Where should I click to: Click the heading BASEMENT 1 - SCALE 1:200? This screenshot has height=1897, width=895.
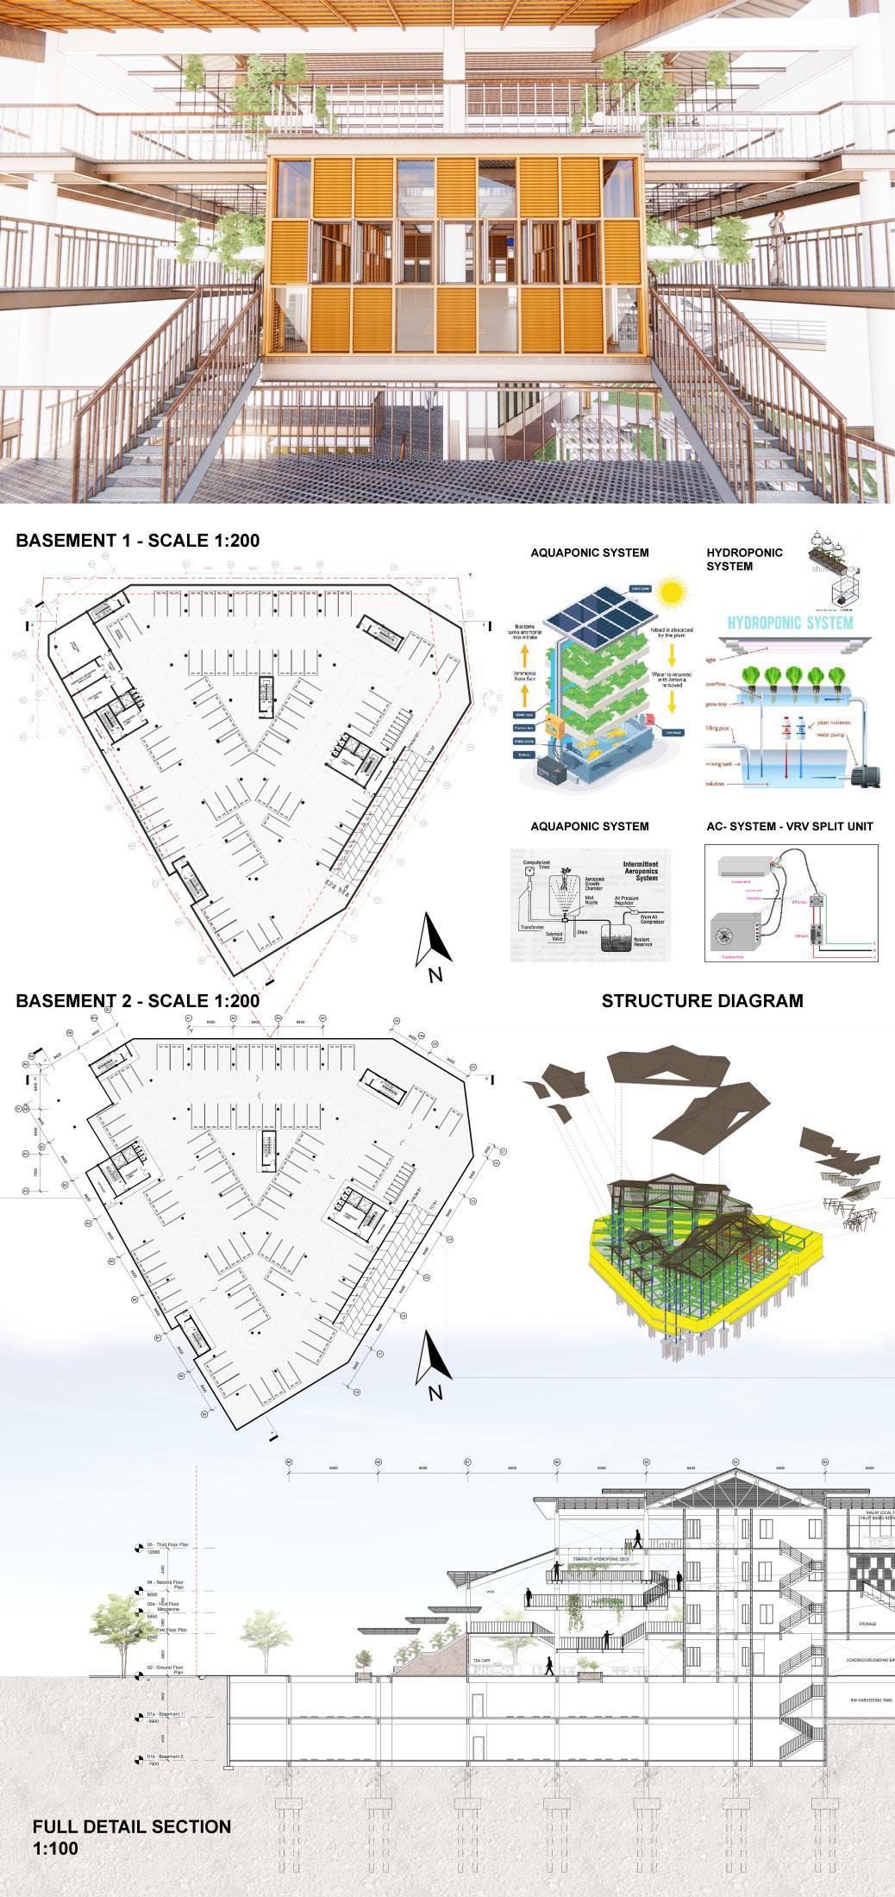tap(138, 541)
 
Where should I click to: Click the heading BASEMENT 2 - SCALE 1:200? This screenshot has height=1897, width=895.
tap(138, 1001)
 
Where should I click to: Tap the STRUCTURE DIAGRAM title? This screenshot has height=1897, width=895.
tap(702, 1001)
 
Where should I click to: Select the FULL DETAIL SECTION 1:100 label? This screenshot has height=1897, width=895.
tap(132, 1838)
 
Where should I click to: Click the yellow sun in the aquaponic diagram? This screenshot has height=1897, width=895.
tap(668, 592)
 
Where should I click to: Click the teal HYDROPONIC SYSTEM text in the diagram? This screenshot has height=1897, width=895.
tap(790, 623)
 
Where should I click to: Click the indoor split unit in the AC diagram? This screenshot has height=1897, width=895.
tap(746, 867)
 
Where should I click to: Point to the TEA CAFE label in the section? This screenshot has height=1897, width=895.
tap(481, 1660)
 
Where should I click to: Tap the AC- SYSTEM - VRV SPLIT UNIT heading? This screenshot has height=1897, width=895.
tap(789, 826)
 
